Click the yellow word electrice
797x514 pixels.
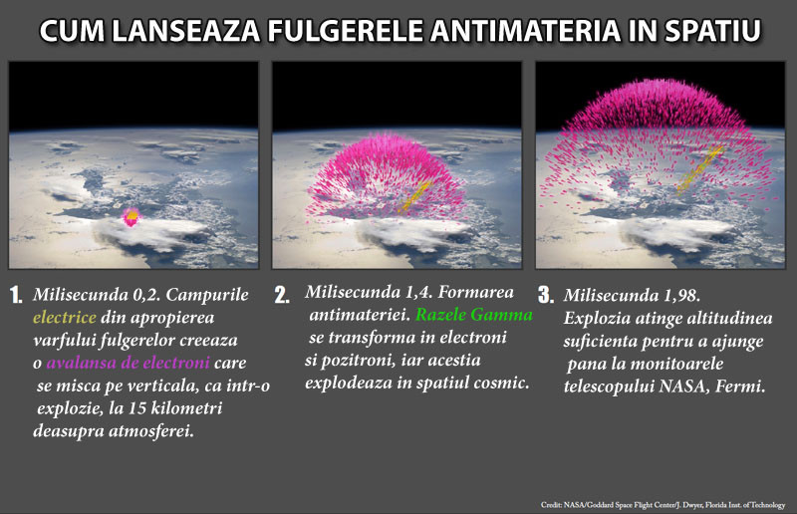pos(64,319)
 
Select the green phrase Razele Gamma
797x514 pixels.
pos(474,315)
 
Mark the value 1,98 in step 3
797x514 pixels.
pos(686,296)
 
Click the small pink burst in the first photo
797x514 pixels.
pos(130,216)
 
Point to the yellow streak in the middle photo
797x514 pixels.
pos(412,196)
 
